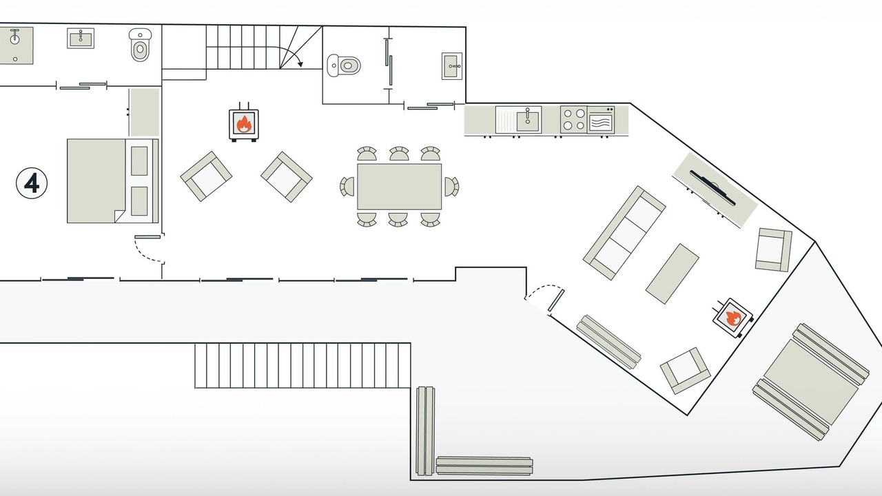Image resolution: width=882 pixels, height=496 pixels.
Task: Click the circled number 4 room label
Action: coord(32,183)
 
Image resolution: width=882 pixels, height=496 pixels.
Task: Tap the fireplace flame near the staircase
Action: coord(244,124)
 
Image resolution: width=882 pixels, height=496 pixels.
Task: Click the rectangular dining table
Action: coord(399,187)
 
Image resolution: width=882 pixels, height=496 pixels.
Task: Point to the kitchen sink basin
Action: coord(527,121)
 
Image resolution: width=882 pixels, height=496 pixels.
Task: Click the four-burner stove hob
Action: coord(574,119)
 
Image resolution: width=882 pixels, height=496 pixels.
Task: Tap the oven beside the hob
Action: coord(601,120)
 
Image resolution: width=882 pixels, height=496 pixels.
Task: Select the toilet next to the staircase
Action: coord(344,65)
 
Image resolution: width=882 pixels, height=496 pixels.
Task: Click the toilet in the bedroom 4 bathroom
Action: coord(140,45)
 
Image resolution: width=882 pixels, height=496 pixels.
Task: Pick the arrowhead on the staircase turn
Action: coord(300,64)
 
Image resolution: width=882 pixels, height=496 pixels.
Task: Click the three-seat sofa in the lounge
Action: coord(624,233)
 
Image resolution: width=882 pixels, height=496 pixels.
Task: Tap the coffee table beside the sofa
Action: coord(672,273)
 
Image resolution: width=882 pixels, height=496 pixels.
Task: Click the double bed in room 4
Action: coord(112,180)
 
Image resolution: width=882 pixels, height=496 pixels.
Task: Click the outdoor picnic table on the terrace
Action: coord(811,382)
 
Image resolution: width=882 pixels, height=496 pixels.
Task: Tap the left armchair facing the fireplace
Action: coord(206,176)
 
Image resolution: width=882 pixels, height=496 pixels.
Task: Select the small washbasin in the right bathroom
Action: coord(451,66)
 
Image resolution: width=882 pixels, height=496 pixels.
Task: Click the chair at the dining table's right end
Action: coord(451,187)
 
